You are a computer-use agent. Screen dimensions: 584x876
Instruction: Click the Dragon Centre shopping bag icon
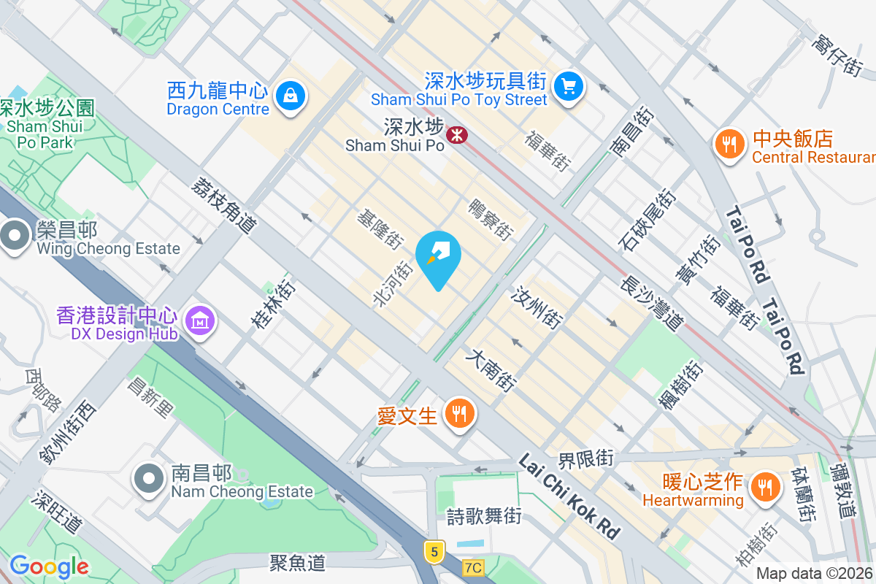tap(291, 96)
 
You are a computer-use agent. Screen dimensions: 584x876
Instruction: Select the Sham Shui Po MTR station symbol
tap(458, 134)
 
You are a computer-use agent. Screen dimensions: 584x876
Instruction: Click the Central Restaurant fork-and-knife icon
tap(729, 144)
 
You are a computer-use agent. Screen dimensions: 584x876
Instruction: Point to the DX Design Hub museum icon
tap(199, 320)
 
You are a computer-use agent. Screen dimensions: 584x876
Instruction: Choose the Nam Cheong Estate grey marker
tap(150, 479)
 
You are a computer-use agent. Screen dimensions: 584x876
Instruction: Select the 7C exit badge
tap(473, 567)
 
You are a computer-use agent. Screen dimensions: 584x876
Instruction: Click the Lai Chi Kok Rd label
tap(569, 496)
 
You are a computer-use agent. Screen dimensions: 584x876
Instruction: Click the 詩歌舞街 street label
tap(484, 516)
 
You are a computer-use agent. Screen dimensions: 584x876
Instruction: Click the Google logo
tap(49, 566)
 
